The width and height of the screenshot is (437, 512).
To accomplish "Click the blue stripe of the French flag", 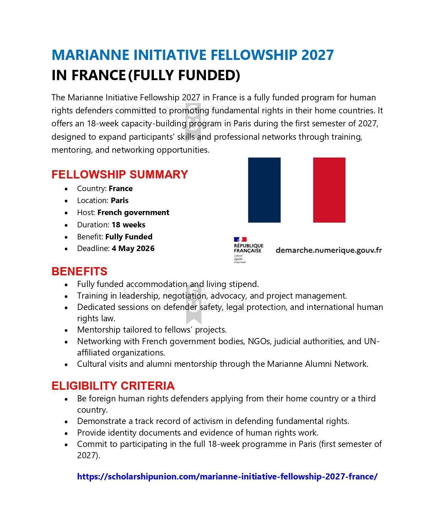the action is (x=264, y=190).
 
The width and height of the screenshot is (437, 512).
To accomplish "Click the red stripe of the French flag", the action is (x=329, y=190).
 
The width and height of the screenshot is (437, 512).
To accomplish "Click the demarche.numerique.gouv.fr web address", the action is (x=328, y=250).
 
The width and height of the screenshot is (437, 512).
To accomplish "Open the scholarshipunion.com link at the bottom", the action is (x=227, y=476).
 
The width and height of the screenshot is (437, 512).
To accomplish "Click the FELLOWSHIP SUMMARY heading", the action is (x=120, y=174).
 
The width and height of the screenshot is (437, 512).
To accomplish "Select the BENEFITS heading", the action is (x=79, y=271).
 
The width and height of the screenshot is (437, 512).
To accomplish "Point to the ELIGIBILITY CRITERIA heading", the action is (x=113, y=386).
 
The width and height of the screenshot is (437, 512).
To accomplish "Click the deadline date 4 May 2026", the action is (x=133, y=248).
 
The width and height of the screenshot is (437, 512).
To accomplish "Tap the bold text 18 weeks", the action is (x=128, y=225).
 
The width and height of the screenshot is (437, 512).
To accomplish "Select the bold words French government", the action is (x=133, y=212).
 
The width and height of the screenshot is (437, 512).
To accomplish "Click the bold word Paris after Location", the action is (x=120, y=200).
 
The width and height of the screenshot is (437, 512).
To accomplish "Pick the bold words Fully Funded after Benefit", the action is (x=129, y=237).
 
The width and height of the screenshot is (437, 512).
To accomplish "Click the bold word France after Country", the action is (x=121, y=188).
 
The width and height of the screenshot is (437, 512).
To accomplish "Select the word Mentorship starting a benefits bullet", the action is (x=96, y=330).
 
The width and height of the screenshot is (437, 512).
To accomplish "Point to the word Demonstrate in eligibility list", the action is (x=99, y=421).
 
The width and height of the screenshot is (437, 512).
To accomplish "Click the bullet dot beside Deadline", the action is (x=66, y=249).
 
